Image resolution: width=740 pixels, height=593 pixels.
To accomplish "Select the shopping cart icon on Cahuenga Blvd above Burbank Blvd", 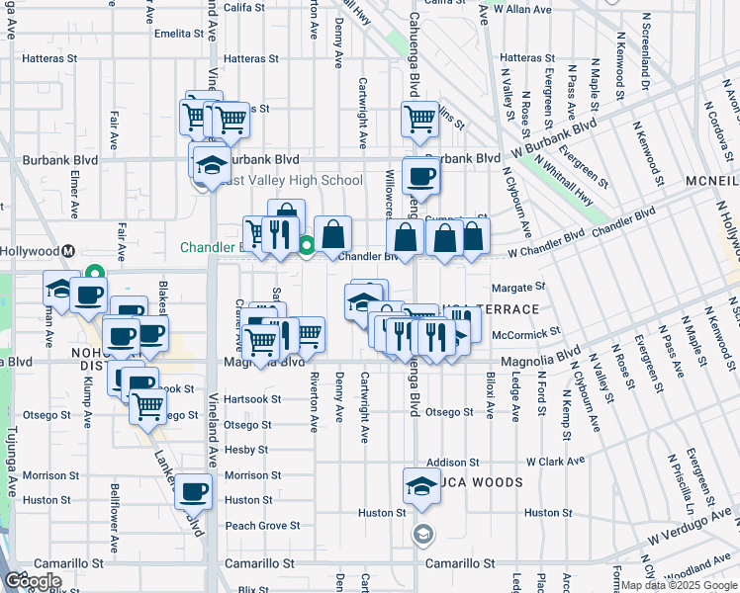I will pos(420,119).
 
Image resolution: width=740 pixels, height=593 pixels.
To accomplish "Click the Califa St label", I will pos(244,7).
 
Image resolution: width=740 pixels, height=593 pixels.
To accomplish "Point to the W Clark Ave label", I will pos(556,461).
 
